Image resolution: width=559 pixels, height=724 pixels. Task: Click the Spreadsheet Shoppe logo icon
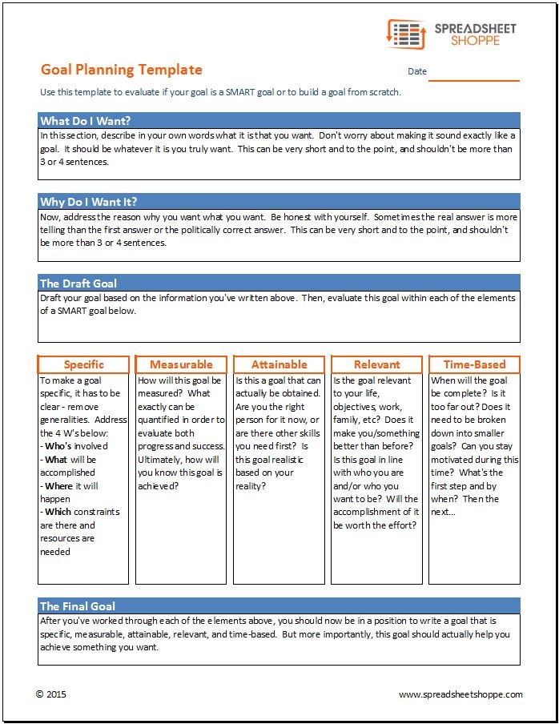point(405,34)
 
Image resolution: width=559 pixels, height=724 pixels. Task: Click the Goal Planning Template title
point(121,70)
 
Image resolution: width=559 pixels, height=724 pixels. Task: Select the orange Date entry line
point(473,79)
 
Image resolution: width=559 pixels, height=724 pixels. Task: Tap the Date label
point(417,71)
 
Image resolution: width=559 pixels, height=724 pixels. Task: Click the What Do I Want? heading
point(85,121)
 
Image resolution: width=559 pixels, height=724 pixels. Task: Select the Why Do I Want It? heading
point(88,202)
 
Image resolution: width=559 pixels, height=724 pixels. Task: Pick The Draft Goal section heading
point(78,283)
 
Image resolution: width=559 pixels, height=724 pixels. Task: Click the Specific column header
point(83,364)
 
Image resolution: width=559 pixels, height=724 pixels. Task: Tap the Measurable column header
point(181,364)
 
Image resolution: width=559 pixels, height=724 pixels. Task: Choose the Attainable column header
point(279,364)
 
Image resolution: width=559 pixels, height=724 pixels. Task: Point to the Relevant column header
point(376,364)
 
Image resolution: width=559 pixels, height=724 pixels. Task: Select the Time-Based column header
point(474,364)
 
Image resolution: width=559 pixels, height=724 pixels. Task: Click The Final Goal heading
point(78,606)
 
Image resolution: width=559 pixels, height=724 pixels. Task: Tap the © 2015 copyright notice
point(53,694)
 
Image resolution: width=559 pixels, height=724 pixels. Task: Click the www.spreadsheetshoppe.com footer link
point(460,694)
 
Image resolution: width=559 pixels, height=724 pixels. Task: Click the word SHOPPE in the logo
point(474,41)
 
